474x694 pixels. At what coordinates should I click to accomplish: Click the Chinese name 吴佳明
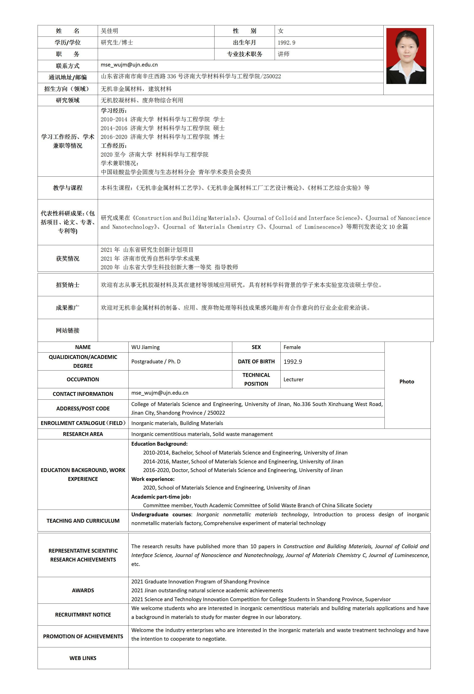(x=109, y=31)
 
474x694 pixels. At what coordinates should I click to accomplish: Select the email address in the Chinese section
(x=129, y=65)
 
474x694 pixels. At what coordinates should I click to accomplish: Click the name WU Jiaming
(x=145, y=347)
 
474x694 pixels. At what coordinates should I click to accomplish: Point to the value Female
(x=292, y=347)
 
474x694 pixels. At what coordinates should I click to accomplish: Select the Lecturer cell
(x=293, y=379)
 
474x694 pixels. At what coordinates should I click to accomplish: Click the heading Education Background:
(x=159, y=444)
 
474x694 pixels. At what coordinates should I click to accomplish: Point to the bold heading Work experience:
(x=153, y=479)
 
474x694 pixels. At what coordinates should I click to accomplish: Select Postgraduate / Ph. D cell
(x=156, y=361)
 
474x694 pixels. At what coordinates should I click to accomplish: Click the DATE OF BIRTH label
(x=256, y=361)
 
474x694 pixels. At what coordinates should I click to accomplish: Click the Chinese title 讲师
(x=283, y=54)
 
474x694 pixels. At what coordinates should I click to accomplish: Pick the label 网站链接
(x=68, y=330)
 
